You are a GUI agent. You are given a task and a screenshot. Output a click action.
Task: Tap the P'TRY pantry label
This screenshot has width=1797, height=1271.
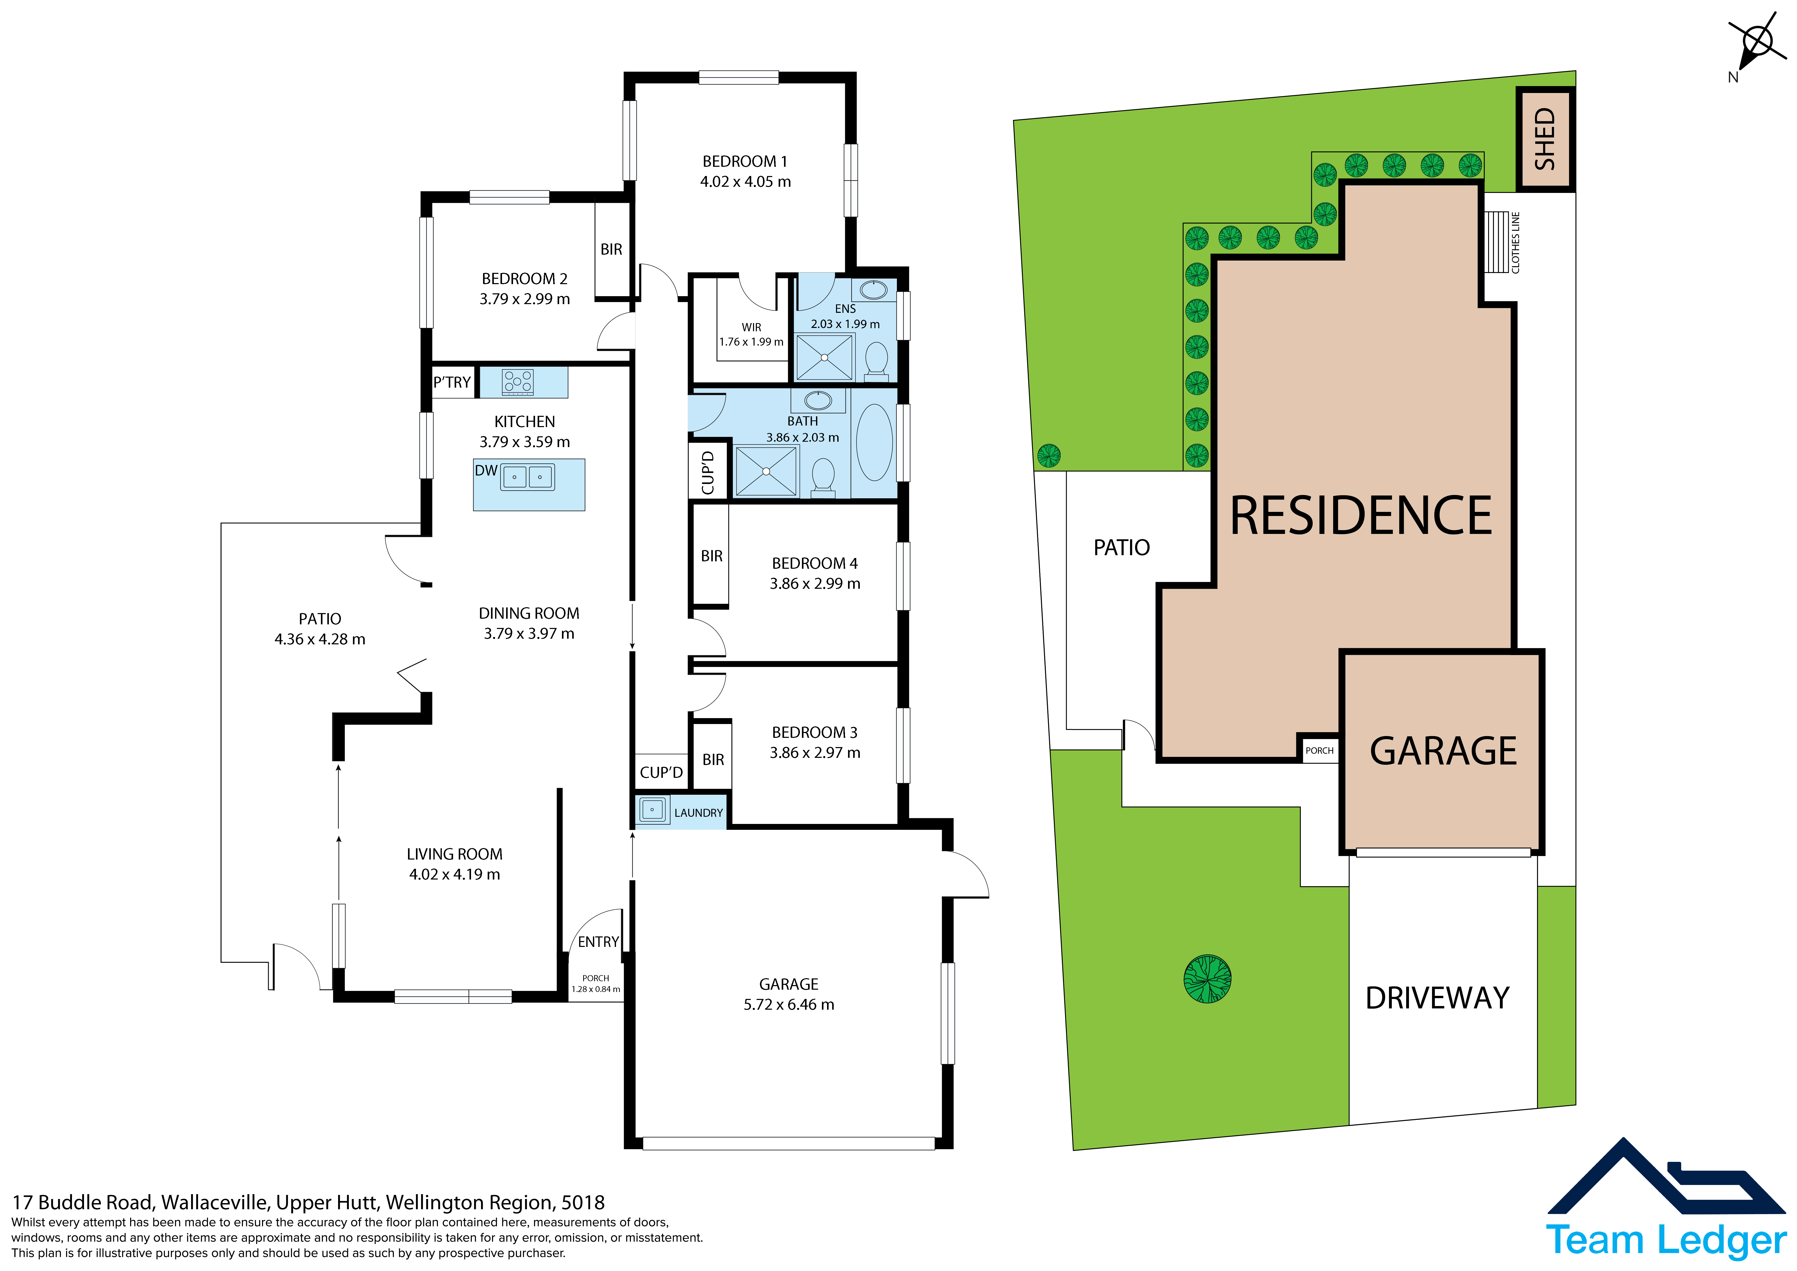[x=452, y=382]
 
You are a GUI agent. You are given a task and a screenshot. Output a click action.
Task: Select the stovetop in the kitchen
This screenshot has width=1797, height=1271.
[x=518, y=381]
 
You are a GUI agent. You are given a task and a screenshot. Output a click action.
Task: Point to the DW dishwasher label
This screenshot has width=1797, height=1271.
[x=486, y=471]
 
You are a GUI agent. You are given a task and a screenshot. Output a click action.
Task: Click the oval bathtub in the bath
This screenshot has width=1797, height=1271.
[x=874, y=442]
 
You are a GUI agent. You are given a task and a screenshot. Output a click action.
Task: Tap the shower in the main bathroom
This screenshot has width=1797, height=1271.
[x=766, y=471]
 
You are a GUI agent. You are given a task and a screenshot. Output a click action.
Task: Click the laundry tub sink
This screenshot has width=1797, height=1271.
[x=652, y=810]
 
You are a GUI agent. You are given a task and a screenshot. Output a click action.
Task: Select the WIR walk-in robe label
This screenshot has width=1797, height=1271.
[x=751, y=327]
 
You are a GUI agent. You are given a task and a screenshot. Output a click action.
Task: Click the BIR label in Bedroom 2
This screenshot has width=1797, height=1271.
[x=611, y=249]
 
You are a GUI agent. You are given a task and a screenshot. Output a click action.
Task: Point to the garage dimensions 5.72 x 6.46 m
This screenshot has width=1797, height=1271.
[x=789, y=1005]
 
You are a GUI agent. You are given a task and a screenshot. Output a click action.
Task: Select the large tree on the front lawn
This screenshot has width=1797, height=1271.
[x=1208, y=979]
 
